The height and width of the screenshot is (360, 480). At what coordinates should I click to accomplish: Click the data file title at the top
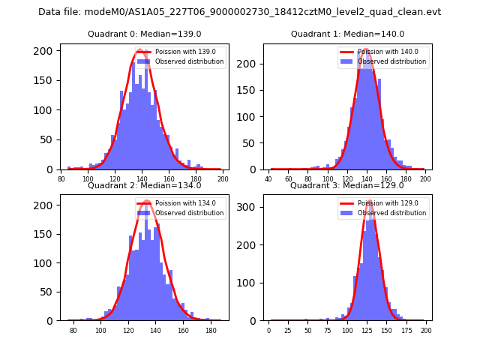click(x=239, y=12)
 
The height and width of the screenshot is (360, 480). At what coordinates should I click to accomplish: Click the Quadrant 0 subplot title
click(x=144, y=34)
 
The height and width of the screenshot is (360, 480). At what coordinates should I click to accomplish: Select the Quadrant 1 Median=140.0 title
click(x=347, y=34)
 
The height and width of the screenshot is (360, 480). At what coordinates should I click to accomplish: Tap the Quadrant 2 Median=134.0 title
click(x=144, y=185)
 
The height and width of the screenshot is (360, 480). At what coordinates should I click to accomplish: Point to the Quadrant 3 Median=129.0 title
click(x=347, y=185)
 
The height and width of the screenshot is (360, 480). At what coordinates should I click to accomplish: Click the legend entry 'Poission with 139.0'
click(x=185, y=52)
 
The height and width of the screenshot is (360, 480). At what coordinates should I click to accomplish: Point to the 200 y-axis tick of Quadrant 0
click(x=47, y=51)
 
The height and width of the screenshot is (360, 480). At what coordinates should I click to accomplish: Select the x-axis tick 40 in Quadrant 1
click(x=268, y=178)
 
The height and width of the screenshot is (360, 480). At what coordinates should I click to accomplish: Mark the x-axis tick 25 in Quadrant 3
click(x=288, y=330)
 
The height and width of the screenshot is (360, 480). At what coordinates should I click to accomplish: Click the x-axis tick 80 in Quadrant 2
click(x=73, y=330)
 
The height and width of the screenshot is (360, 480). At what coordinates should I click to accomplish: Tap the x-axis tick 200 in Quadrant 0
click(x=223, y=178)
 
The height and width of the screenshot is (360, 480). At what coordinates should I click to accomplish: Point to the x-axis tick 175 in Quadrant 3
click(x=406, y=330)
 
